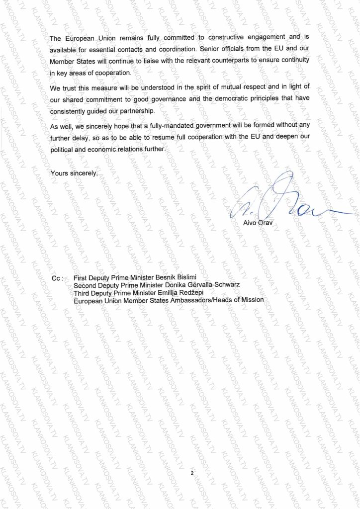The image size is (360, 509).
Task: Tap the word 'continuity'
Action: (x=294, y=60)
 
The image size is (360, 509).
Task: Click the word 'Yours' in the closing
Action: (x=60, y=173)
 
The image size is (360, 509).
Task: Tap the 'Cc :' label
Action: (x=59, y=278)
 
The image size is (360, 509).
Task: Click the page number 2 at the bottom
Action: (x=191, y=473)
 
